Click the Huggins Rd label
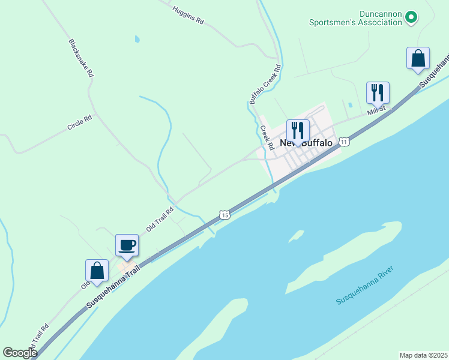188,15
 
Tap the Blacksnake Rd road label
80,58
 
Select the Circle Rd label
79,123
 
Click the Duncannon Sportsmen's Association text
355,18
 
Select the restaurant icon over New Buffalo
298,130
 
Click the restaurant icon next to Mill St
378,92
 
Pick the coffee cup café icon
127,244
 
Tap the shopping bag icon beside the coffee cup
97,270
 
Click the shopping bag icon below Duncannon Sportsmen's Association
418,58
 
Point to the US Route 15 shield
224,214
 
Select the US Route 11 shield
343,142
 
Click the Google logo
20,353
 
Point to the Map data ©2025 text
423,355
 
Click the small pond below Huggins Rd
137,40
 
